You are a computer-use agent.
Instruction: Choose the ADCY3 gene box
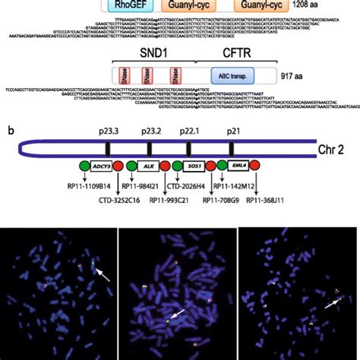pyautogui.click(x=101, y=166)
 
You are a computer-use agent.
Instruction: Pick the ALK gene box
pyautogui.click(x=147, y=166)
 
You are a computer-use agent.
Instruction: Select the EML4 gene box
pyautogui.click(x=238, y=166)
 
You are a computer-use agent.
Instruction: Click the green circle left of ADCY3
pyautogui.click(x=84, y=166)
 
